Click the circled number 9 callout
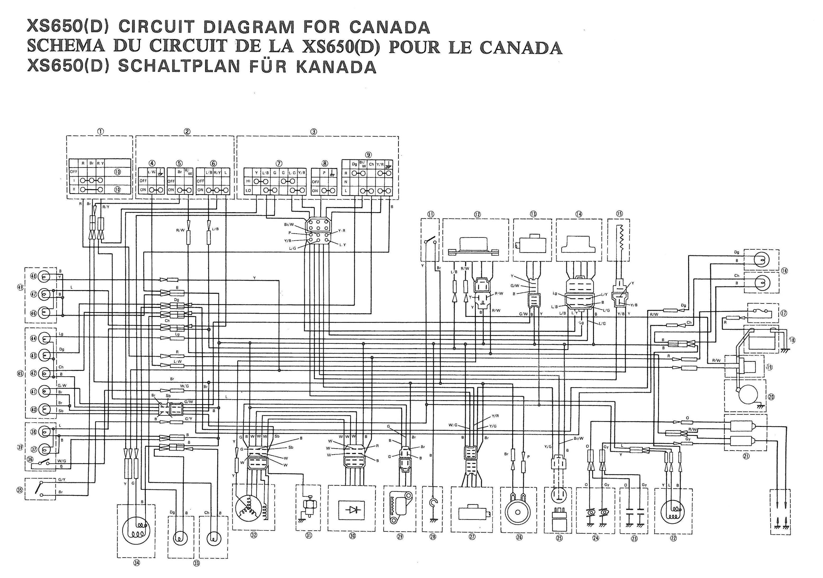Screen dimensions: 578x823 (368, 155)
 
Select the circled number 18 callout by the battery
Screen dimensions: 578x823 (792, 340)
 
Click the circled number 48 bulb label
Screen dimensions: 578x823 (34, 276)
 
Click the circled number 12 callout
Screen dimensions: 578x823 (477, 214)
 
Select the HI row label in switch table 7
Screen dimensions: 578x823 (248, 182)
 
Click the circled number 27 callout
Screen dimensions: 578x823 (472, 537)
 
